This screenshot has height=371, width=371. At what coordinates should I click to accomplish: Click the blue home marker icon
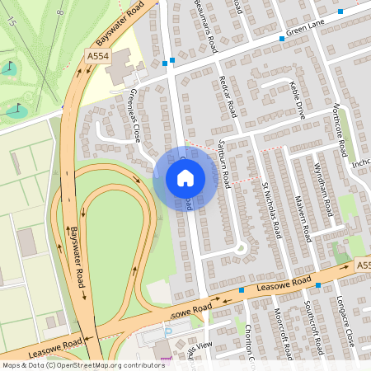pos(185,177)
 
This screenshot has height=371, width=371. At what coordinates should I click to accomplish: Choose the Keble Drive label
pos(298,100)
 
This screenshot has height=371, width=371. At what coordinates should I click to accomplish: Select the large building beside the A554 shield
pos(120,64)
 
